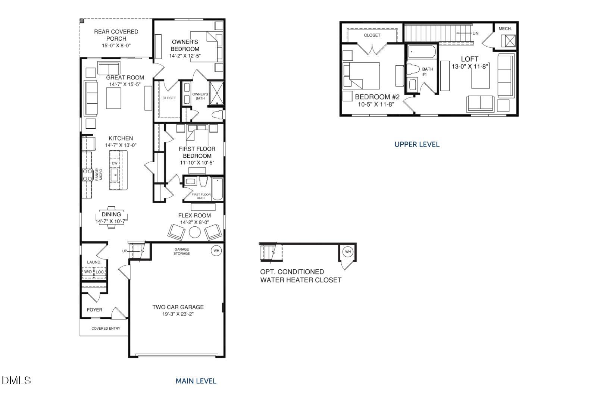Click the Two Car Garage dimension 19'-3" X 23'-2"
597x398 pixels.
pos(178,314)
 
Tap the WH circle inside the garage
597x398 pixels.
pos(216,251)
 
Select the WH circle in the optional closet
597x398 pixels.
pos(348,252)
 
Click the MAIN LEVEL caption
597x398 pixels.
pos(196,381)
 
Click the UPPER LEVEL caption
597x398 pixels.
pos(417,144)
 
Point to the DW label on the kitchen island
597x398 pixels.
pos(115,163)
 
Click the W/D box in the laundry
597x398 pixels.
pos(88,272)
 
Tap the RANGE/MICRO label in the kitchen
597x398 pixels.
pos(99,175)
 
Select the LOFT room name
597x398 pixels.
pos(469,59)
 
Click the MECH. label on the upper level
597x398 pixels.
pos(505,29)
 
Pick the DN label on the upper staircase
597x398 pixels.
pos(475,33)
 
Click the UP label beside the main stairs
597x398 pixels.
pos(125,251)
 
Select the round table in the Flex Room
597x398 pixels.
pos(195,232)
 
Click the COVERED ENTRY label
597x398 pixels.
pos(106,329)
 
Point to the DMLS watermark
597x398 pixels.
pos(16,380)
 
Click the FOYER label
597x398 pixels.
pos(94,310)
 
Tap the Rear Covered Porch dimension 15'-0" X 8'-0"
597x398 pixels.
pos(116,46)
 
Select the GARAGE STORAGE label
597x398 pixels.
pos(182,251)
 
